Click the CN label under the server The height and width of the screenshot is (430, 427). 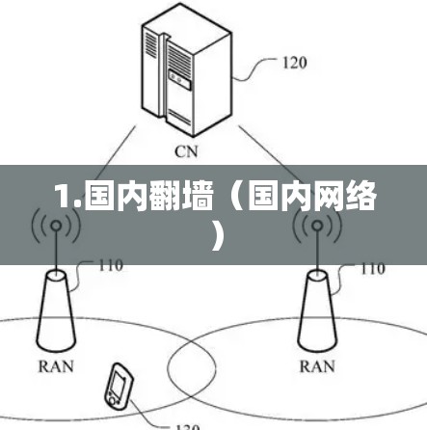pos(186,151)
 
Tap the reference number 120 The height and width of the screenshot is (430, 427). pos(294,63)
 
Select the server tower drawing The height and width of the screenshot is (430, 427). pos(187,70)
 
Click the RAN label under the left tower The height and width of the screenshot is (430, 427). pos(56,366)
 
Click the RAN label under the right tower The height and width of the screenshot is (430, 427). pos(317,366)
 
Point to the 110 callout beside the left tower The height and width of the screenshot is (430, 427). pos(111,265)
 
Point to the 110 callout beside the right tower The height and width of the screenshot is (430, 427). pos(373,269)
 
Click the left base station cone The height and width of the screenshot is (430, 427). pos(56,311)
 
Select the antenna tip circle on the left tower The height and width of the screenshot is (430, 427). pos(56,226)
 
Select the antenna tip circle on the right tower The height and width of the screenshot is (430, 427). pos(317,226)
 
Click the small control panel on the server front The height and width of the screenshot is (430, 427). pos(179,79)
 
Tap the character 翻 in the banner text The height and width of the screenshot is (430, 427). pos(165,197)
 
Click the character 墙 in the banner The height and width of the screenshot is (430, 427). pos(197,197)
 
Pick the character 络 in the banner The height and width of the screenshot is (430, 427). pos(360,196)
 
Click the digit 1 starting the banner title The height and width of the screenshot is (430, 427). pos(65,196)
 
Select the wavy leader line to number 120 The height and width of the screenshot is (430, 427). pos(254,68)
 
